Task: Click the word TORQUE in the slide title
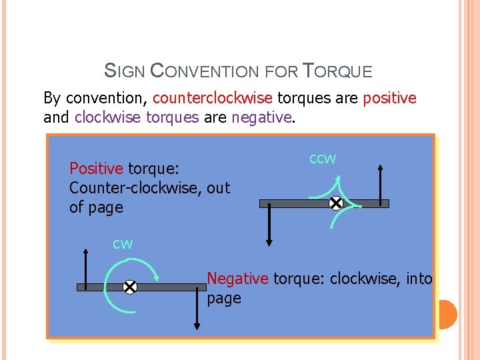pos(337,69)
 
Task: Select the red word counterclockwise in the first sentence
pos(212,99)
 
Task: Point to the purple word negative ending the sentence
pos(261,118)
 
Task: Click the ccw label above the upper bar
pos(323,159)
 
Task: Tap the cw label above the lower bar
pos(123,244)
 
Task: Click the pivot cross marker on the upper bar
pos(336,203)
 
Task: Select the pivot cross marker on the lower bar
pos(129,287)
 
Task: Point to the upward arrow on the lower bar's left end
pos(86,267)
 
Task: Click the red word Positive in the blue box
pos(97,168)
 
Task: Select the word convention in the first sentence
pos(107,99)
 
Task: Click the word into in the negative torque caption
pos(419,278)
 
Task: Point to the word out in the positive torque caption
pos(219,188)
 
